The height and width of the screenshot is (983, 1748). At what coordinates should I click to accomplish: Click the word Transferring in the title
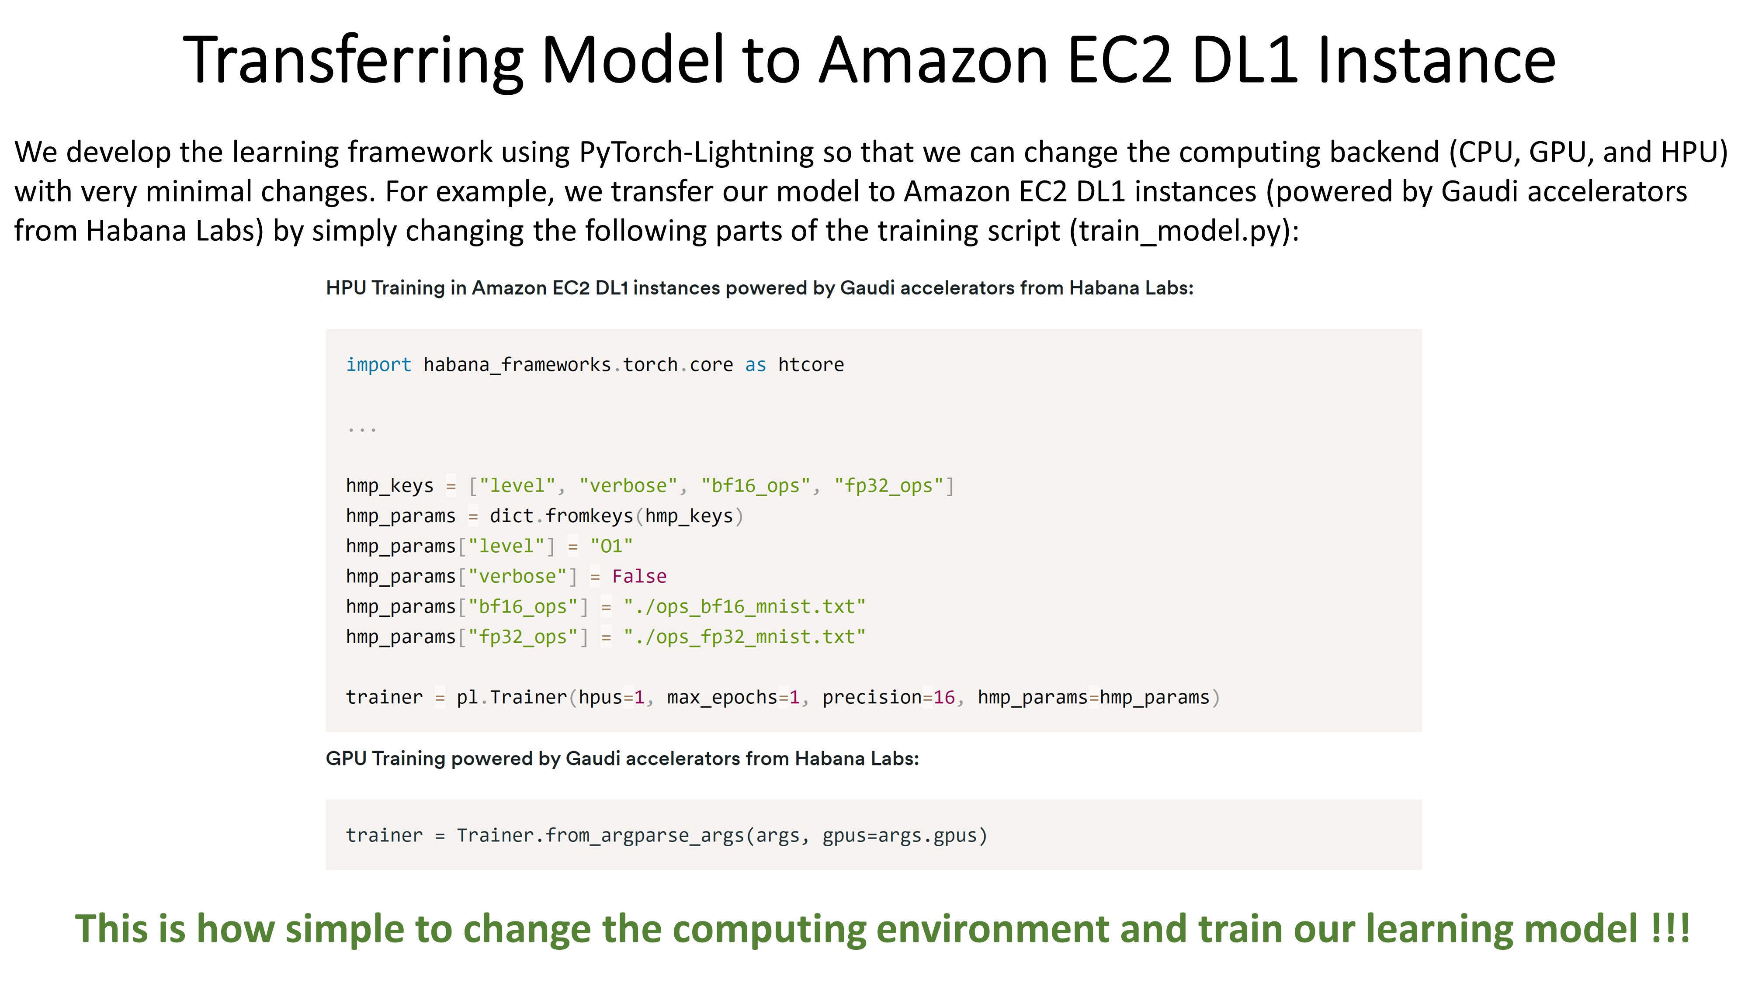point(353,61)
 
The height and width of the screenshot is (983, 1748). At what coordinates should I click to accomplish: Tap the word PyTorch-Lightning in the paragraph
point(696,152)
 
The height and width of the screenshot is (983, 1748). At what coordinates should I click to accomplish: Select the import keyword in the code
point(378,365)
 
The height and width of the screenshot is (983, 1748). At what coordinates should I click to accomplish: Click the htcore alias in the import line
point(811,365)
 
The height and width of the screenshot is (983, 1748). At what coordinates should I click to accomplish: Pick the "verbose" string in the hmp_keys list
point(628,486)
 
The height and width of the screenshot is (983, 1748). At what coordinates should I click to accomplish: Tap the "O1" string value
point(611,546)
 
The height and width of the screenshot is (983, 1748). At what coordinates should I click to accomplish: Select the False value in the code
point(639,577)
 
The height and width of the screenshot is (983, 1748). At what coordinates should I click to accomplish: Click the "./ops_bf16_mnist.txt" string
point(744,606)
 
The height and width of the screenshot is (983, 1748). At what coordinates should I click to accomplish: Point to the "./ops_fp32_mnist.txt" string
point(744,637)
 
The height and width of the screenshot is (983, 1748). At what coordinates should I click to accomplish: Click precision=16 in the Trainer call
point(888,697)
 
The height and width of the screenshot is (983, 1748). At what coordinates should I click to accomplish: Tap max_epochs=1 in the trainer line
point(733,697)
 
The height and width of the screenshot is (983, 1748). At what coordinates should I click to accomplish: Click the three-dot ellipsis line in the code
point(362,429)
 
